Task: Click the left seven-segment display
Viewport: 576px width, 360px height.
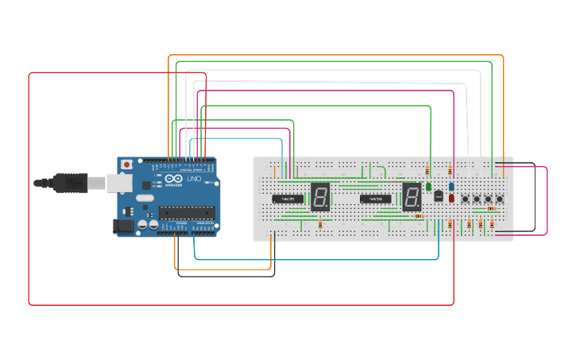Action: click(320, 196)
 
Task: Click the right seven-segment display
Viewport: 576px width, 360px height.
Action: click(412, 196)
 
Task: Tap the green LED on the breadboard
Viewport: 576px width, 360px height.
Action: click(429, 187)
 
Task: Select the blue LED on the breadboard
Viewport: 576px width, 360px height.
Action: click(451, 186)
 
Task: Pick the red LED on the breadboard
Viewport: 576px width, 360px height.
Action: click(451, 198)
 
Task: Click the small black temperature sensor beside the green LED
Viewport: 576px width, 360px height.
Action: click(438, 196)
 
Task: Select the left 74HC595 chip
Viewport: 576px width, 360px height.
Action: click(288, 199)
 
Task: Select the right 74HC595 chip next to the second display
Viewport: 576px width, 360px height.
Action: click(377, 199)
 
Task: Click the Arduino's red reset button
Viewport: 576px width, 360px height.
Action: click(126, 165)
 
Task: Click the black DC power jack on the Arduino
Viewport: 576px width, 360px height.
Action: click(124, 226)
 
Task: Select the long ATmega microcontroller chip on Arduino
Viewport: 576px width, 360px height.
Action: click(186, 212)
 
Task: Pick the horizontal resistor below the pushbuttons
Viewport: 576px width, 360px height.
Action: click(492, 208)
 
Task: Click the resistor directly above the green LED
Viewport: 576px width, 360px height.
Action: click(429, 171)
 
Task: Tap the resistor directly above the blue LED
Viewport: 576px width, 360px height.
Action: click(451, 171)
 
